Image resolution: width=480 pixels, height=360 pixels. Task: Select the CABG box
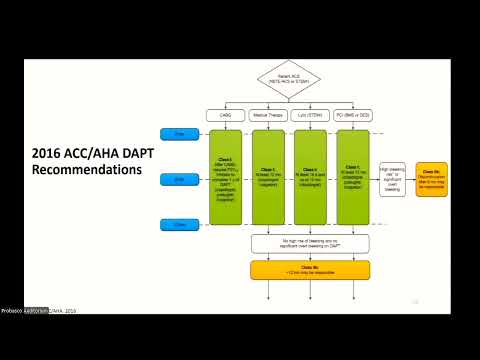[225, 116]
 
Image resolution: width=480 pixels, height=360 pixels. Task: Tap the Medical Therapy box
[267, 116]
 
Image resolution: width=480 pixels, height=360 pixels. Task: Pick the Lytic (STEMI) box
[311, 116]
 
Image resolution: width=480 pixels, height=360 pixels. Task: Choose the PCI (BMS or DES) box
[353, 116]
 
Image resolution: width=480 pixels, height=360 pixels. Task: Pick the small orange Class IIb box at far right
[432, 179]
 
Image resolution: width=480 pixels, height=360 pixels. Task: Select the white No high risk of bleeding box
[310, 243]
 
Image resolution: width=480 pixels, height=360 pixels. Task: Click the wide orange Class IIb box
[310, 269]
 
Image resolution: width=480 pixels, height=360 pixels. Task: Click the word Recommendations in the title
[85, 170]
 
